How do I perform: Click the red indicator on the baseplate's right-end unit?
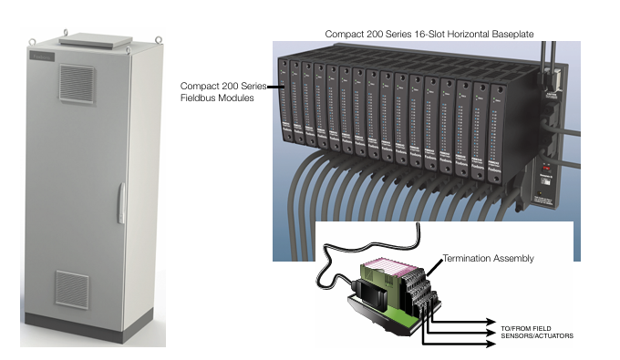pos(543,168)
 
